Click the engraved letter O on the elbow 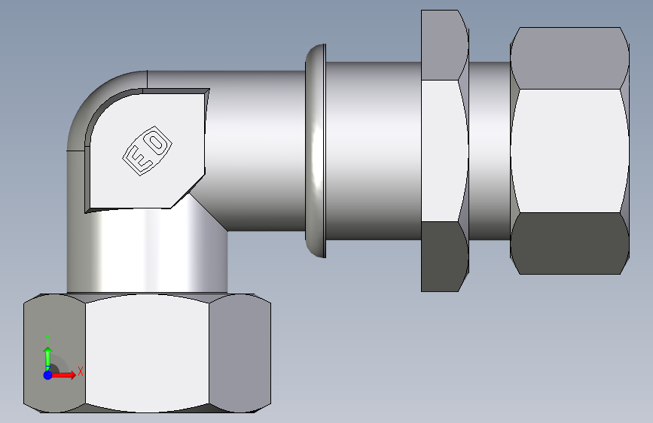tap(157, 142)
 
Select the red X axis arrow tap(63, 375)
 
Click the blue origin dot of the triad tap(48, 375)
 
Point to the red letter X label tap(81, 371)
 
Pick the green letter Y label tap(48, 339)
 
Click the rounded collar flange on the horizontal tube tap(316, 151)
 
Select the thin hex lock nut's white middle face tap(444, 151)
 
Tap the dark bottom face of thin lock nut tap(444, 256)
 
